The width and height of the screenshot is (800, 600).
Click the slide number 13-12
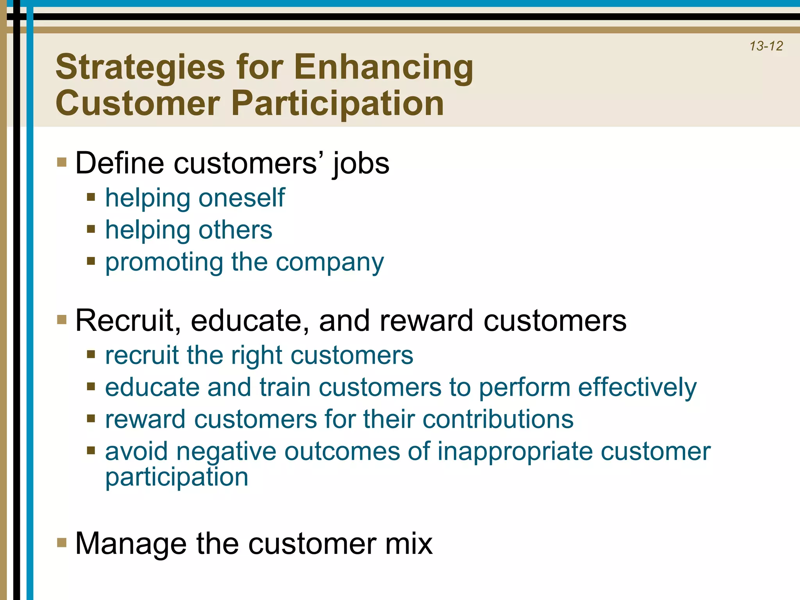766,46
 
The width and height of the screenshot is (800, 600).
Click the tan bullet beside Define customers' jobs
62,162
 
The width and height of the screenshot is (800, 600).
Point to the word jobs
361,163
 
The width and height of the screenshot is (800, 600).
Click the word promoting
164,262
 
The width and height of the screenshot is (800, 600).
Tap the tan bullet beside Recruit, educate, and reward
62,320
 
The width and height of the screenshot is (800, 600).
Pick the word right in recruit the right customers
256,355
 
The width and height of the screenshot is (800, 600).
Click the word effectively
637,387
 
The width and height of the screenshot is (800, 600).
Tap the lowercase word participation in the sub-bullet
177,477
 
